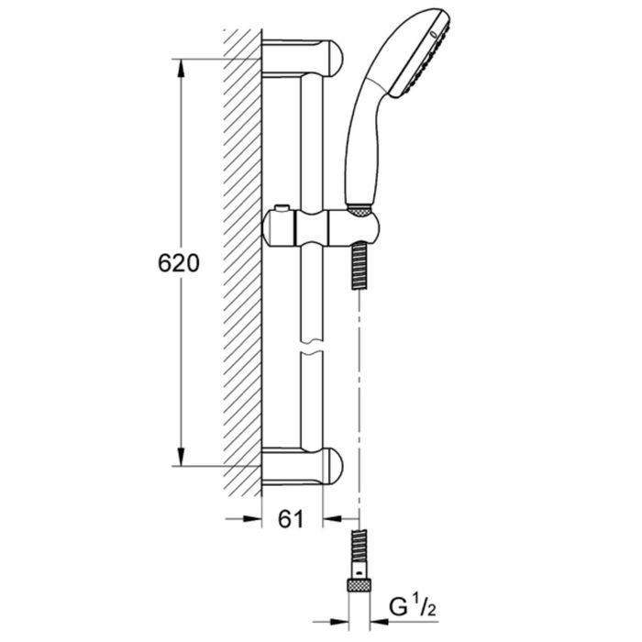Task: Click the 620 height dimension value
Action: [179, 263]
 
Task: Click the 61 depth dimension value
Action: [291, 519]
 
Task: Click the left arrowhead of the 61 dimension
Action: [252, 519]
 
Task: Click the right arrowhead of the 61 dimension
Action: [332, 519]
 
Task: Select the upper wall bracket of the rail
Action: [302, 58]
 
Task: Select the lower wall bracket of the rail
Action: [302, 466]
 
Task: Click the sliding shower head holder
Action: [321, 228]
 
